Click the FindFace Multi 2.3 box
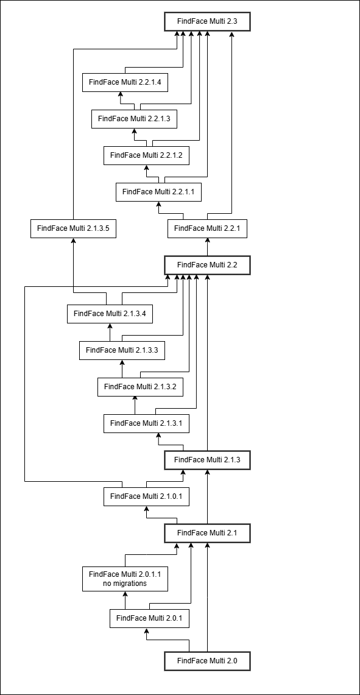tap(208, 21)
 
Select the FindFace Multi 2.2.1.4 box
tap(125, 82)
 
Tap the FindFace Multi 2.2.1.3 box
tap(135, 119)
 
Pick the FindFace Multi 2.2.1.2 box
tap(146, 155)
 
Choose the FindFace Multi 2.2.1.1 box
tap(159, 192)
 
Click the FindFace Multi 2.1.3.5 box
tap(74, 228)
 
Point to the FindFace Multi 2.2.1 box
tap(208, 228)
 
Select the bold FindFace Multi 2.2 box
tap(208, 265)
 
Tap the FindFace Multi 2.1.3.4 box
tap(110, 314)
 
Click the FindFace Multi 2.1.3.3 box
tap(122, 350)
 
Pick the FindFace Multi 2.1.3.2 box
tap(141, 387)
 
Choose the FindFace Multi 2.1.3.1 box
tap(146, 423)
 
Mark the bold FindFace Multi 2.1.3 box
tap(208, 460)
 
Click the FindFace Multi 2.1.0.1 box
tap(146, 496)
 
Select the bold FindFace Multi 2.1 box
tap(208, 533)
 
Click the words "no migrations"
tap(125, 584)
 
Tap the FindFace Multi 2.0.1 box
tap(149, 618)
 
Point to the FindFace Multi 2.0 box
tap(208, 660)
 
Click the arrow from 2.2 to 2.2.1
tap(208, 247)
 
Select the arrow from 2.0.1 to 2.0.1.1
tap(125, 600)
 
